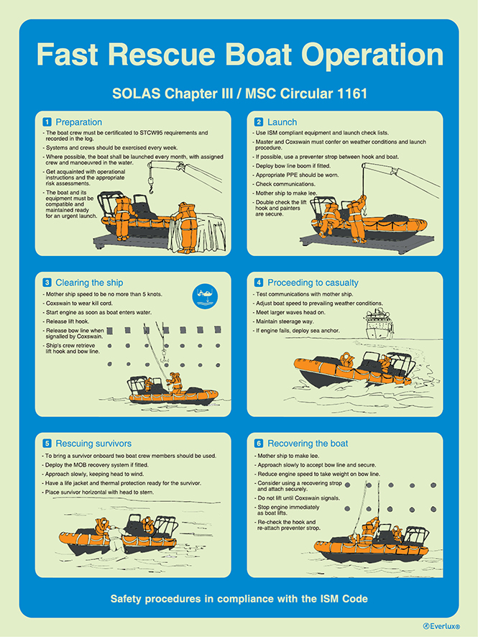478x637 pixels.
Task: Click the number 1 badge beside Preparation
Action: coord(47,122)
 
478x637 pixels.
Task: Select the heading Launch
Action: coord(282,122)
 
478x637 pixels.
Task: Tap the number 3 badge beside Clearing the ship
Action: coord(47,283)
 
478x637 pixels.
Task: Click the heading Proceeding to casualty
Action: coord(313,283)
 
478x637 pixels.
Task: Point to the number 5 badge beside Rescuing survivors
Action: coord(47,444)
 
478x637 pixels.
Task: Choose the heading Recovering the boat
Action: coord(308,444)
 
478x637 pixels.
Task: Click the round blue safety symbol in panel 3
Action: coord(205,295)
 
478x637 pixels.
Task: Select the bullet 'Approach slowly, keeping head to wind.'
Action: coord(103,474)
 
